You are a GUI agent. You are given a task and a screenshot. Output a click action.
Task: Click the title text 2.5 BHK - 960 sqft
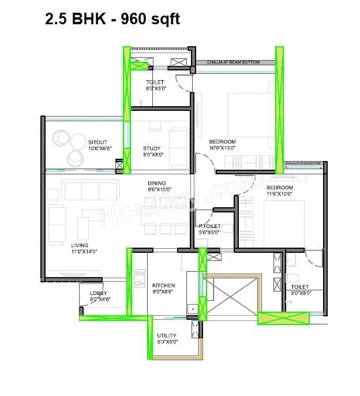click(112, 19)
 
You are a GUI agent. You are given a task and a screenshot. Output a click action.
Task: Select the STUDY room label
click(152, 149)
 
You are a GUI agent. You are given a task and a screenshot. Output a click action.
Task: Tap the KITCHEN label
click(163, 286)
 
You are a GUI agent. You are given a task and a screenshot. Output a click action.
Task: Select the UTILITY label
click(167, 336)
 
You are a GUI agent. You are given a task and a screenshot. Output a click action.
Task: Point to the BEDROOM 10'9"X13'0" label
click(222, 142)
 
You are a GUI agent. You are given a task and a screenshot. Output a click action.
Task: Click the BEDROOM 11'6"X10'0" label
click(279, 188)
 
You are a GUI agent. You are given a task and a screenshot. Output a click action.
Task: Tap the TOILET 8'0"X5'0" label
click(155, 83)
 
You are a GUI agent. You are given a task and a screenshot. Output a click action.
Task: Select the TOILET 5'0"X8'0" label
click(300, 286)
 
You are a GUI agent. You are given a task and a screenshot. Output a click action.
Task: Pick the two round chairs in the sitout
click(68, 148)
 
